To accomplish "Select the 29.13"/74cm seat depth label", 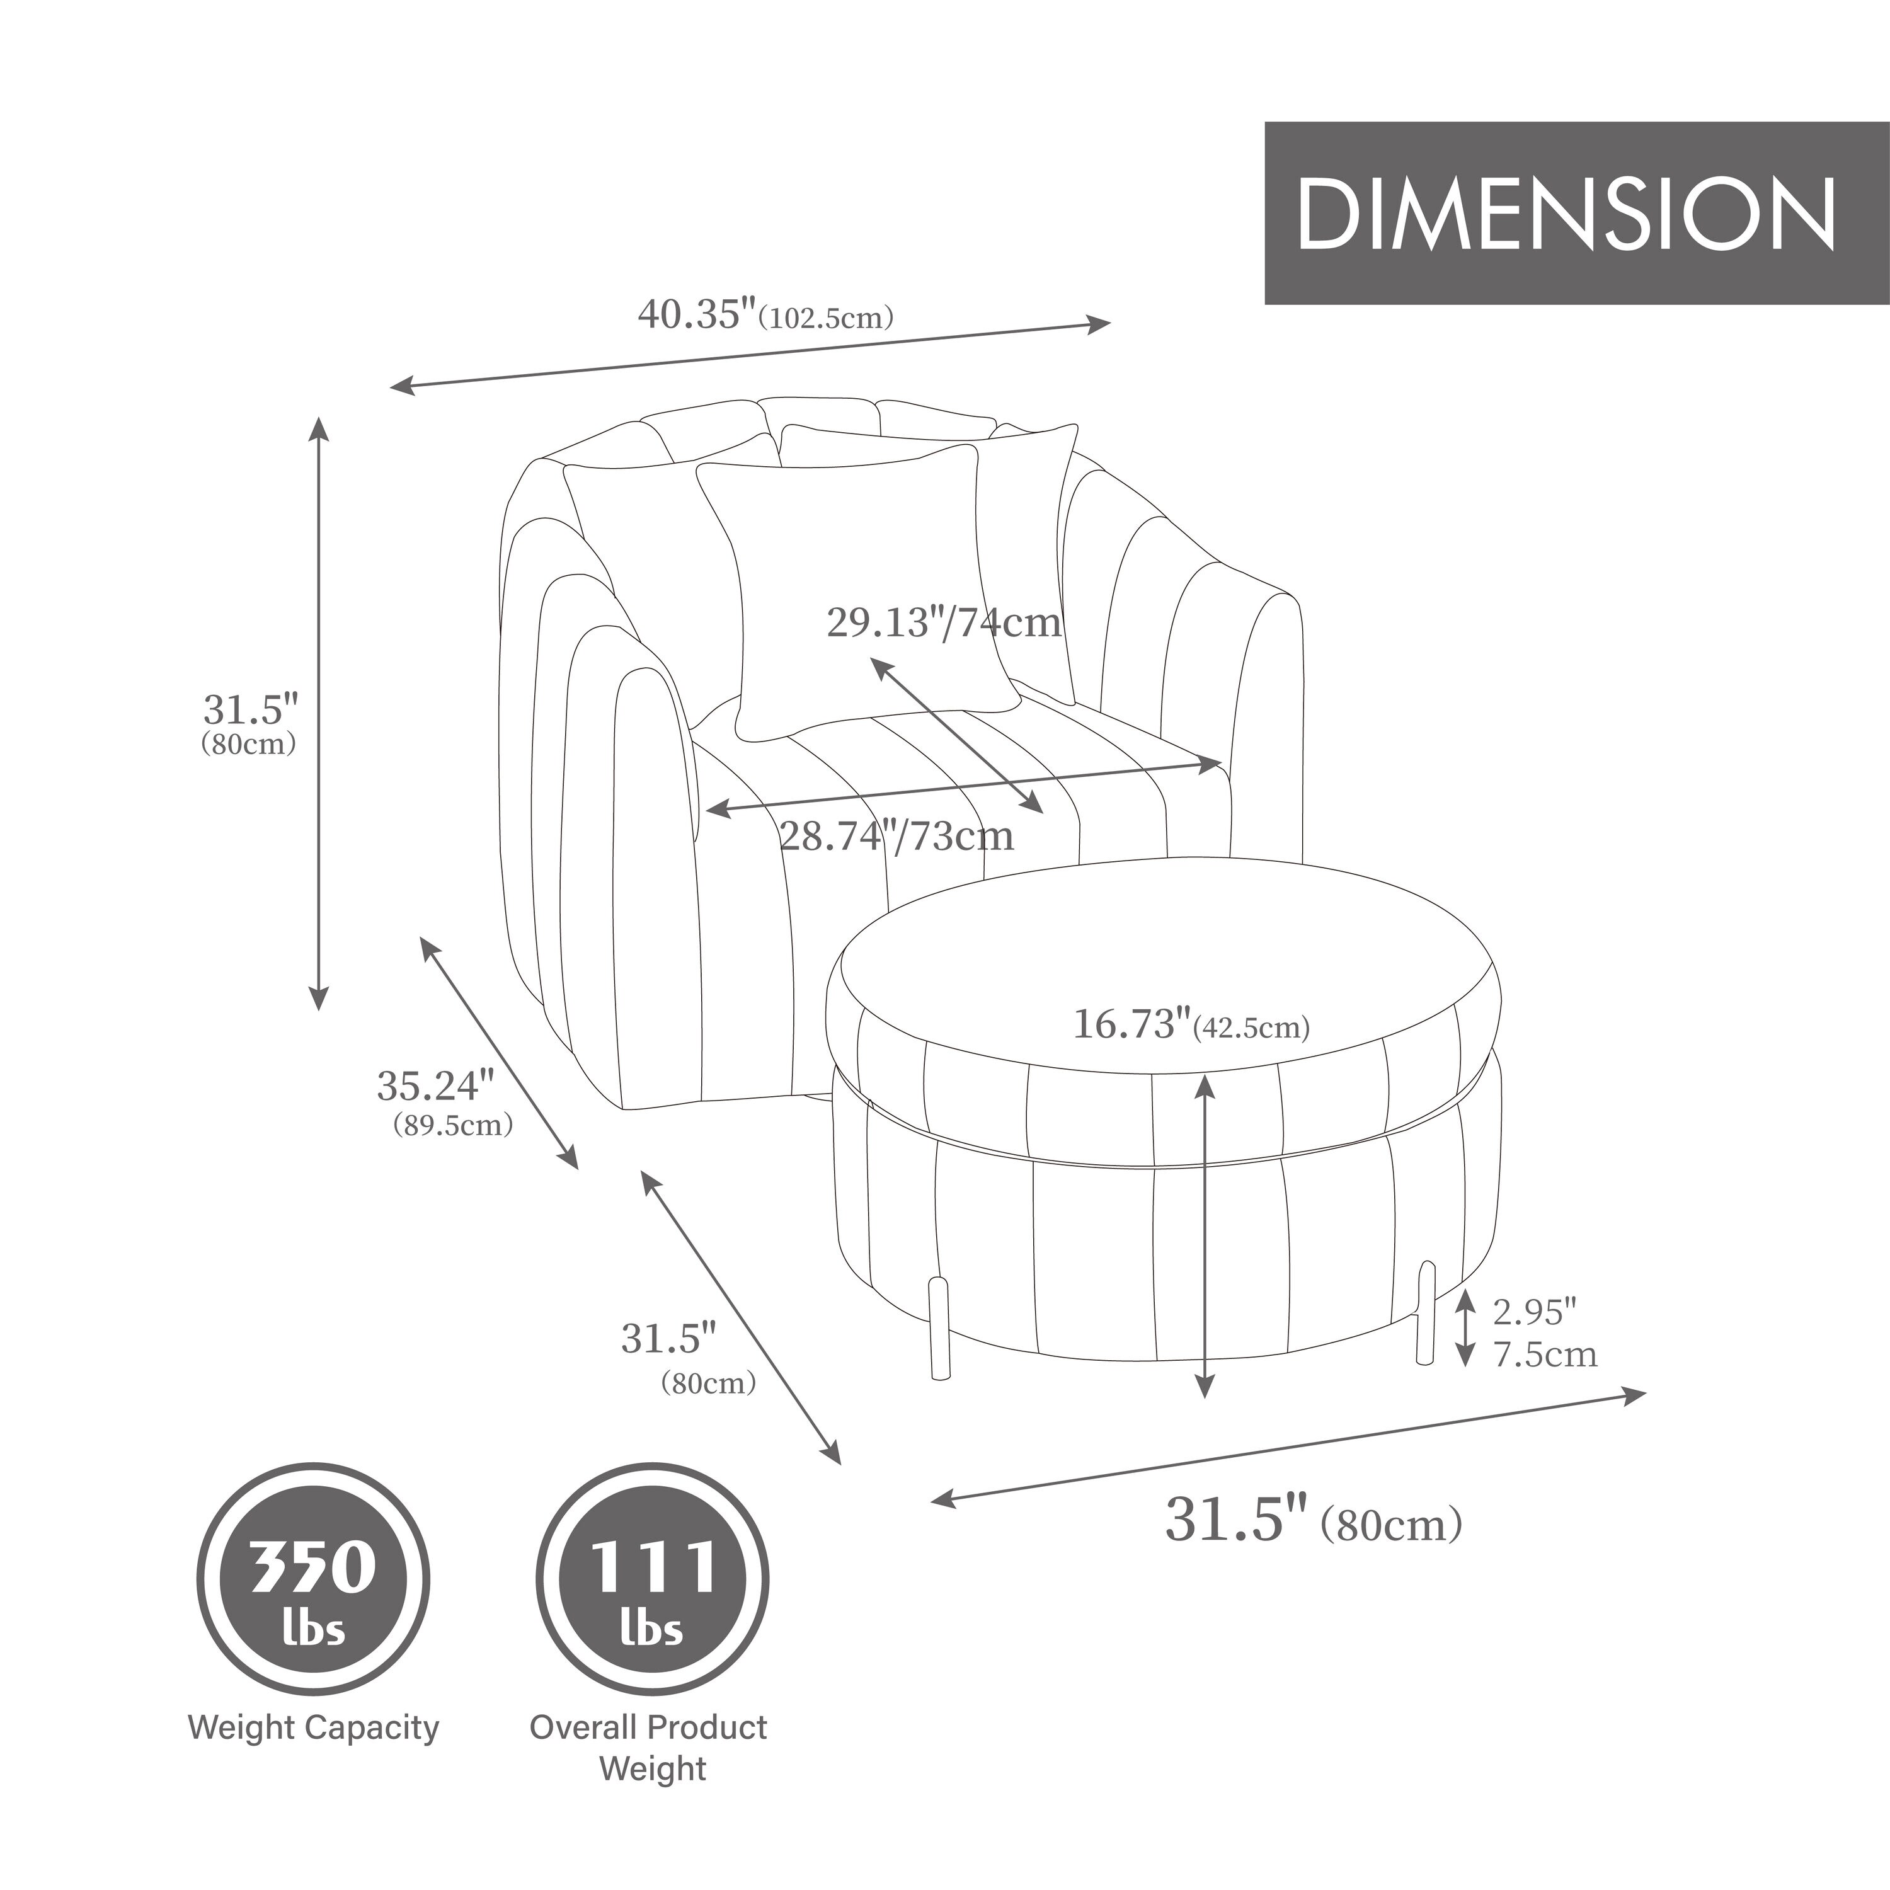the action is tap(944, 622).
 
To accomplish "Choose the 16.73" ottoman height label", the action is tap(1134, 1024).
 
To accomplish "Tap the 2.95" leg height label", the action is tap(1535, 1311).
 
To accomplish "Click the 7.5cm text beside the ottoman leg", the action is tap(1545, 1354).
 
